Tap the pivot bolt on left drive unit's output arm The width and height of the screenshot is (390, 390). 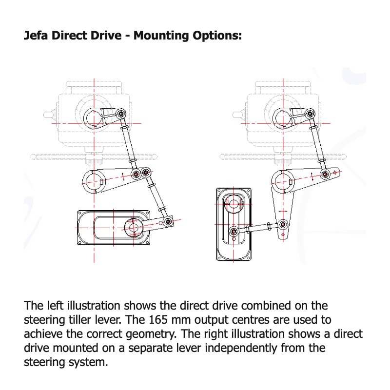tap(168, 222)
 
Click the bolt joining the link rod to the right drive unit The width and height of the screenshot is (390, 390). tap(234, 230)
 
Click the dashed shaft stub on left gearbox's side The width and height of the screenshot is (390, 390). tap(49, 116)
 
